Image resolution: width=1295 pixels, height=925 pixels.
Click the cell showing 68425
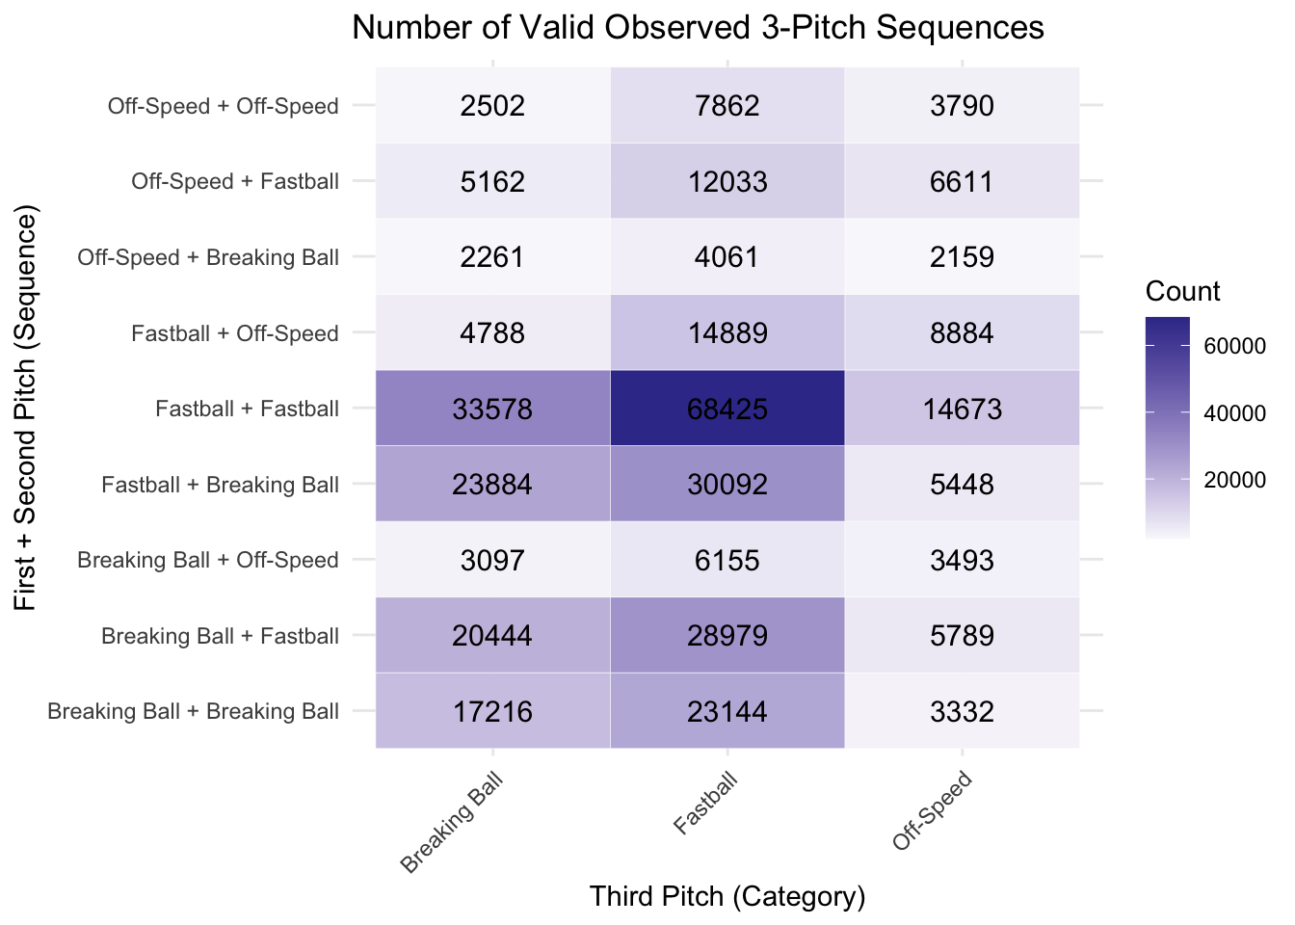pos(727,409)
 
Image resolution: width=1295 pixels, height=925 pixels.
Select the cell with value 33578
pos(492,409)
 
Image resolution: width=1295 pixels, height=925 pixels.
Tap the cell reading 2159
pos(962,256)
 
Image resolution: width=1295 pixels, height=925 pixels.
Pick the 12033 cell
pos(727,181)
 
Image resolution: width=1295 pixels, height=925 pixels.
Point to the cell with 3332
pos(962,711)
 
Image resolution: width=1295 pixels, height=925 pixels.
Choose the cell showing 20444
pos(492,635)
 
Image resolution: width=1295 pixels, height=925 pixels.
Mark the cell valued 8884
pos(962,332)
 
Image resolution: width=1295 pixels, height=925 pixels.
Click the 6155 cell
pos(727,560)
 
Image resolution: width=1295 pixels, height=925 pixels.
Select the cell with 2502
pos(492,105)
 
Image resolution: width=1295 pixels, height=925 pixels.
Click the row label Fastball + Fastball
pos(247,409)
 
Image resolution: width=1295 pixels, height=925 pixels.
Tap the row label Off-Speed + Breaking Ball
pos(208,257)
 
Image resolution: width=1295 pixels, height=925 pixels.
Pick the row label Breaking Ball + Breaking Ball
pos(193,711)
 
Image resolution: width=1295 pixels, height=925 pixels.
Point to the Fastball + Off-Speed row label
pos(235,333)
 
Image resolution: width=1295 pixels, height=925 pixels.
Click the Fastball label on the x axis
pos(706,803)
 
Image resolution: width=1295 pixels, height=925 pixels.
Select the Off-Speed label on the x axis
pos(932,810)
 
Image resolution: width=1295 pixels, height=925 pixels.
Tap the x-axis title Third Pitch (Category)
pos(727,896)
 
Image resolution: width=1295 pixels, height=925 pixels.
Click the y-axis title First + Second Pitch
pos(25,407)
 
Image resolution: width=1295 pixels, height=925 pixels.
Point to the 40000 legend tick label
pos(1235,412)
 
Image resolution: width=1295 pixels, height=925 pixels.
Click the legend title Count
pos(1182,291)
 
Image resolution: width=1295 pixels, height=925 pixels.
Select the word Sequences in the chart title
pos(960,27)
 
